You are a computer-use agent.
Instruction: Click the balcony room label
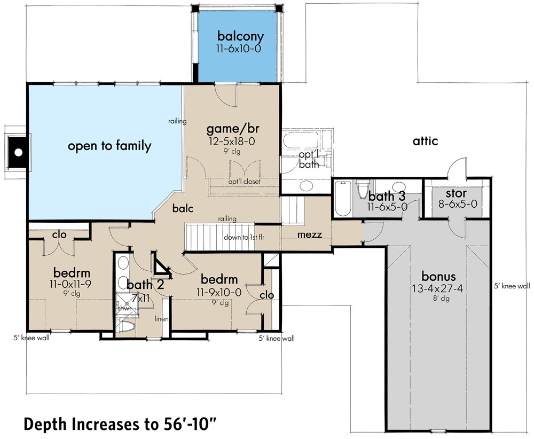coord(240,36)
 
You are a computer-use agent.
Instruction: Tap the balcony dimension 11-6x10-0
coord(240,48)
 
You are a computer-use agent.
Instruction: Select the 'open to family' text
coord(109,146)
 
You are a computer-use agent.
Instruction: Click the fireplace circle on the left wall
coord(18,153)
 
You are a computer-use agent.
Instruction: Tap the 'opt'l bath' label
coord(309,160)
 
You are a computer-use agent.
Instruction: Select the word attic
coord(425,142)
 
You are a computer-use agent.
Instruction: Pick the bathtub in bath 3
coord(341,199)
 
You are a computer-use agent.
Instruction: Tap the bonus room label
coord(438,277)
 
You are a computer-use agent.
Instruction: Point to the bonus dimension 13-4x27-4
coord(438,288)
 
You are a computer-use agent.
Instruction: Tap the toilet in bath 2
coord(127,327)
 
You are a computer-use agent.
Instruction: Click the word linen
coord(162,319)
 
